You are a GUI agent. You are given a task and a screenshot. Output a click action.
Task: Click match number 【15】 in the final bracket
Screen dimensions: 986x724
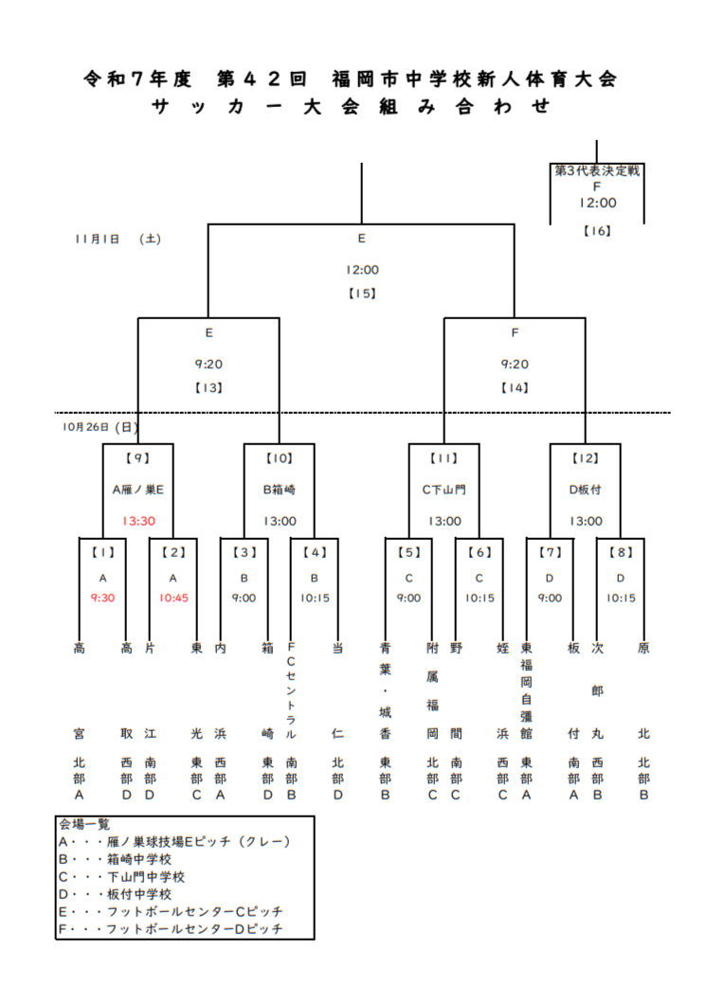pos(361,293)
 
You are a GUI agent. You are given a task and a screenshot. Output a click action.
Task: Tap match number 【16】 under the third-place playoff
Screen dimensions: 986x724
pos(597,229)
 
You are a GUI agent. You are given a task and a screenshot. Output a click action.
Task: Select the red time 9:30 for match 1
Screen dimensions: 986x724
pos(102,598)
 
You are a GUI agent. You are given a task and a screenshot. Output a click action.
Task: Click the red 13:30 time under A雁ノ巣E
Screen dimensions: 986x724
pos(137,520)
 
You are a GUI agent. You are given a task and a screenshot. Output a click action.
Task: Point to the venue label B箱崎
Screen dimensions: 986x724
pos(280,490)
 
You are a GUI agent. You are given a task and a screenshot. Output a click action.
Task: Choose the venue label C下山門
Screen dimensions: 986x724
pos(444,490)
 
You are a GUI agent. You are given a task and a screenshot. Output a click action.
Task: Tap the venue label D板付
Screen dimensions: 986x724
pos(586,490)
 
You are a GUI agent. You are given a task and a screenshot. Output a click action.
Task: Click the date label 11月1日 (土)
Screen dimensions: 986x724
pos(118,240)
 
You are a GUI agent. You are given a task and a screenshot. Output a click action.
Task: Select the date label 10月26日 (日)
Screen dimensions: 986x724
pos(100,427)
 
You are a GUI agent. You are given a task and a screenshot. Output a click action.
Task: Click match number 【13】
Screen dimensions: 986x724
pos(208,386)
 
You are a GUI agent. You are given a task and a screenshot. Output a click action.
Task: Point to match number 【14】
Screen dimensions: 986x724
pos(515,386)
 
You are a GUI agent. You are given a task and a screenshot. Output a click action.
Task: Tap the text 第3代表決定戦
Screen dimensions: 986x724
pos(597,171)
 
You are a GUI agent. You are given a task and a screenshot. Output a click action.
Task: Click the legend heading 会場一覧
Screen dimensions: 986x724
pos(84,824)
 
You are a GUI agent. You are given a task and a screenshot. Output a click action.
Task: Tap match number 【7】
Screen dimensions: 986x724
pos(550,551)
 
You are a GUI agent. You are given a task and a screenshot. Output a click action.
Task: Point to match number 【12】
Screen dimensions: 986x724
pos(586,458)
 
